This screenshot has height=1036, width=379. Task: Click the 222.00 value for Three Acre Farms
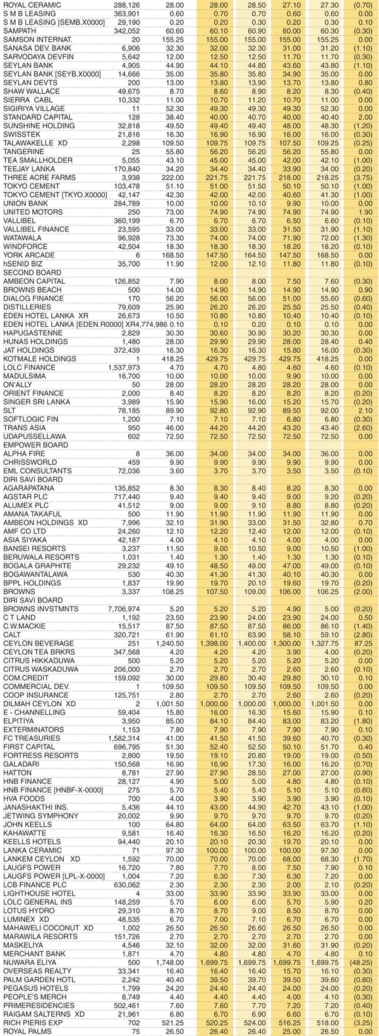point(174,178)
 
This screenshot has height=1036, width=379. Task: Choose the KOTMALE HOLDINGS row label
point(34,358)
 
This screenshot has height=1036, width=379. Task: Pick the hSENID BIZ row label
point(23,264)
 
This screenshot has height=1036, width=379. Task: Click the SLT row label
point(10,410)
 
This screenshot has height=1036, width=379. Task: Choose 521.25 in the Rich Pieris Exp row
point(174,1021)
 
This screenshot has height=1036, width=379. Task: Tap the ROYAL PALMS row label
point(26,1030)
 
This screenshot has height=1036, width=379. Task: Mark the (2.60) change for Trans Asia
point(363,427)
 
